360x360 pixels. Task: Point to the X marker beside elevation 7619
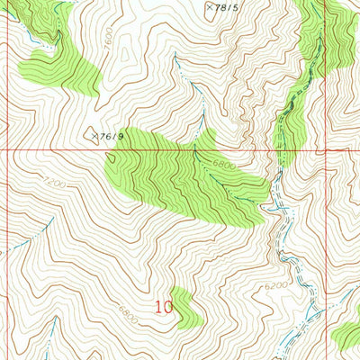pos(94,135)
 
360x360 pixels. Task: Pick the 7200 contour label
pos(34,184)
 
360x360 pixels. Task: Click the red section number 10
pos(163,307)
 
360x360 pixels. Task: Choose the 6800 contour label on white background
pos(129,318)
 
